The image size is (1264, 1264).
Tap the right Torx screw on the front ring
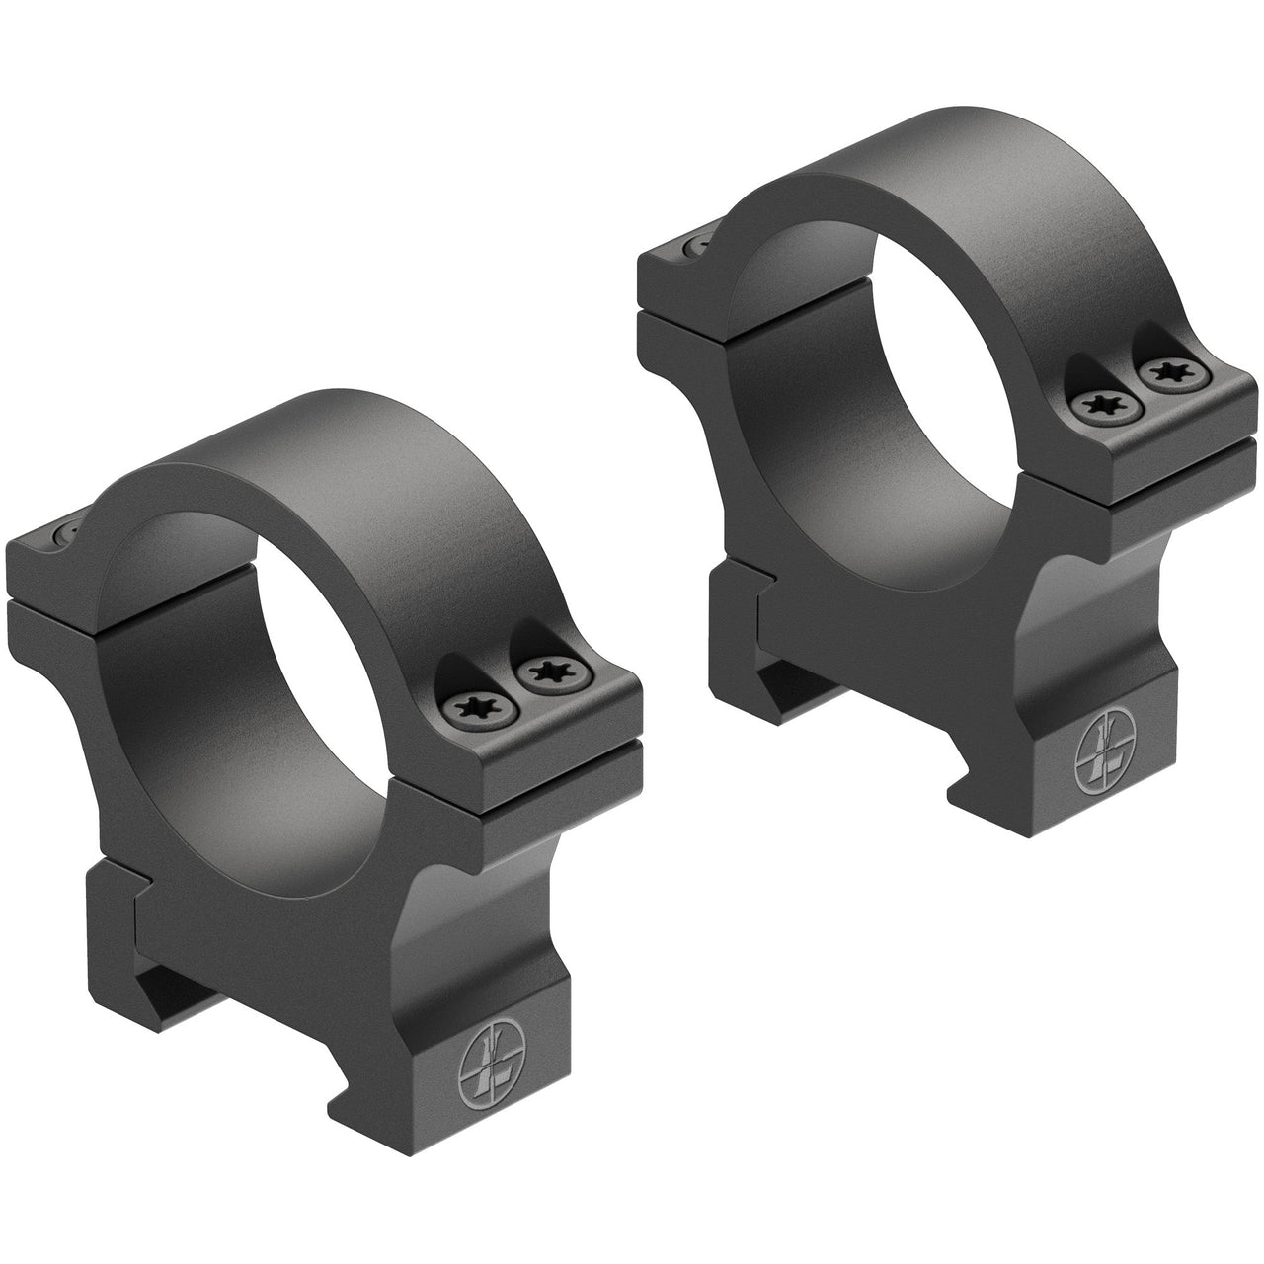[543, 674]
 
